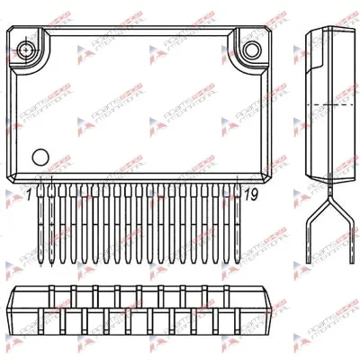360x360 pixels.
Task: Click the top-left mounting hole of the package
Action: point(31,44)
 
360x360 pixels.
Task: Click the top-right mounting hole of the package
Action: point(255,44)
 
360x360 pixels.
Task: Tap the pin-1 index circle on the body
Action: point(40,156)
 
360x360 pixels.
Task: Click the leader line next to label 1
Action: point(37,187)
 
